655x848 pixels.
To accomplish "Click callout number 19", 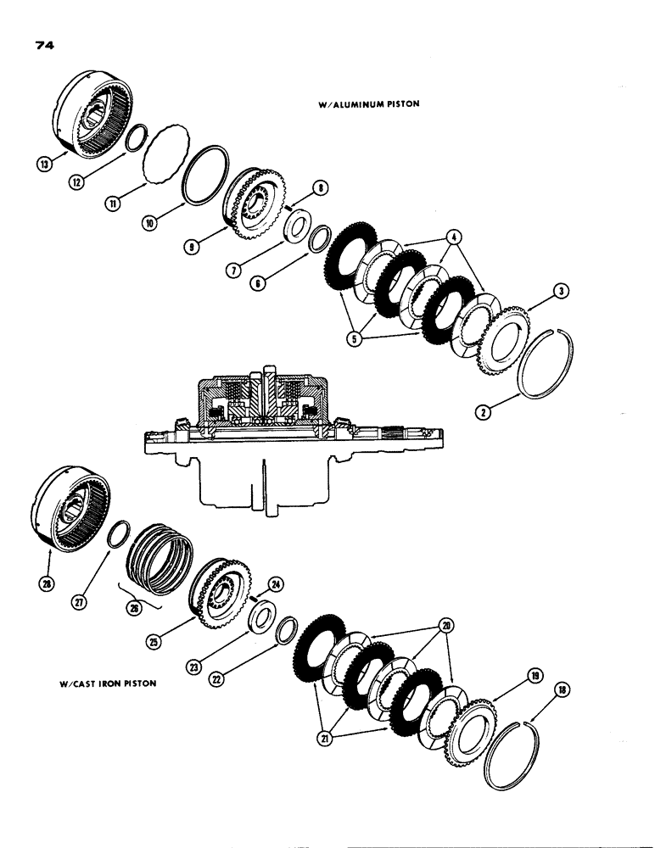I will click(x=534, y=676).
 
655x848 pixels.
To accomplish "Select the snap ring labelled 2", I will click(x=543, y=362).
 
